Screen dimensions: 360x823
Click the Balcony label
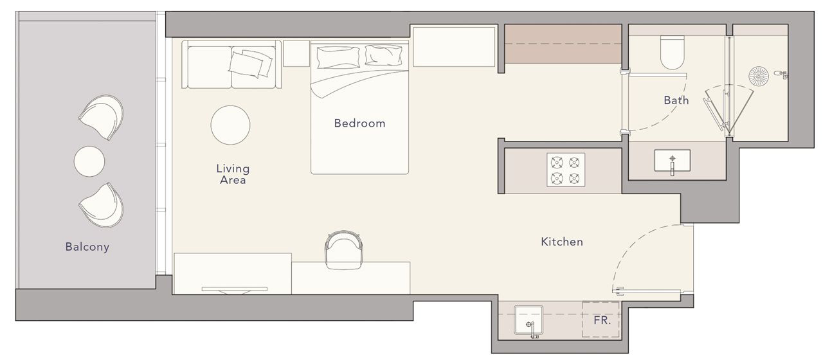pyautogui.click(x=87, y=247)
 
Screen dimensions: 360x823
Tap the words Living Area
pyautogui.click(x=232, y=174)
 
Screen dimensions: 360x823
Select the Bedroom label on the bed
pyautogui.click(x=359, y=123)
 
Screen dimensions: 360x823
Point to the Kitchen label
pyautogui.click(x=561, y=242)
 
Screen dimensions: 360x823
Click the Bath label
pyautogui.click(x=676, y=100)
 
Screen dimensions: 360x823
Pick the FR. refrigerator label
pyautogui.click(x=601, y=319)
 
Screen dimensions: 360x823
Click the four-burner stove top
pyautogui.click(x=566, y=170)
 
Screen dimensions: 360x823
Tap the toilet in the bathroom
pyautogui.click(x=673, y=53)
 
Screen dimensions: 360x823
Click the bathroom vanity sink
pyautogui.click(x=672, y=161)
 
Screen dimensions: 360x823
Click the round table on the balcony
pyautogui.click(x=89, y=161)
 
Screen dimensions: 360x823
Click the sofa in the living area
pyautogui.click(x=231, y=65)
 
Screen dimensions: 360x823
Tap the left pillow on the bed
pyautogui.click(x=336, y=57)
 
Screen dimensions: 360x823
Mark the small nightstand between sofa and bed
pyautogui.click(x=296, y=53)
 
